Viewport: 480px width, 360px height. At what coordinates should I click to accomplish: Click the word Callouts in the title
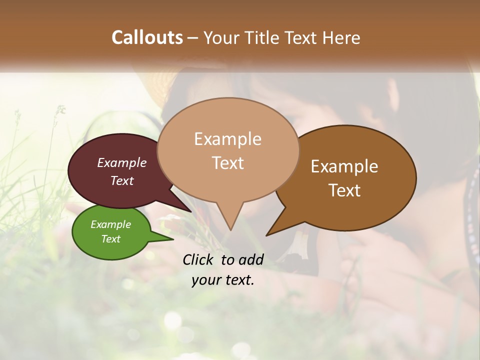[x=147, y=37]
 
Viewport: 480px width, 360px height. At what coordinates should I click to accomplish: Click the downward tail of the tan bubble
[x=229, y=225]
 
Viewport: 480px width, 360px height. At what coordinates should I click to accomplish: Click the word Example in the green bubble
[x=110, y=224]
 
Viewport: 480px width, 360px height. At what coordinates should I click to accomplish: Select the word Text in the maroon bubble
[x=122, y=180]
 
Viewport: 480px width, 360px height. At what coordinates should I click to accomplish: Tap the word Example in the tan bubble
[x=227, y=139]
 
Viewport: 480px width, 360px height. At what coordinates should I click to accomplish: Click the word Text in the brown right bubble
[x=344, y=190]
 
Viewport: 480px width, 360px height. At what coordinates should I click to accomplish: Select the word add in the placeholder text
[x=251, y=259]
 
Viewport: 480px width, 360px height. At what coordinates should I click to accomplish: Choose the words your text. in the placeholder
[x=223, y=280]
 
